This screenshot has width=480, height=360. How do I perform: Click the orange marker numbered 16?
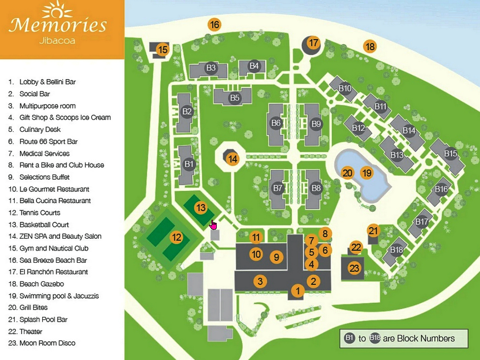(214, 24)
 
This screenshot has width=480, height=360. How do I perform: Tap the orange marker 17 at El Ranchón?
(313, 43)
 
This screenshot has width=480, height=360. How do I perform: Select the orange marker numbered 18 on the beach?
(370, 46)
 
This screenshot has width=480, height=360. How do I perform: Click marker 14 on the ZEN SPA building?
(233, 159)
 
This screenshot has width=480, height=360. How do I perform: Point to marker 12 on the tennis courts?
(176, 237)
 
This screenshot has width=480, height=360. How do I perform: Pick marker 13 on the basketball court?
(200, 208)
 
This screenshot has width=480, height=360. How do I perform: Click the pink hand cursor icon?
(213, 224)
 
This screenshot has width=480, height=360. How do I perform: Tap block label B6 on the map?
(276, 123)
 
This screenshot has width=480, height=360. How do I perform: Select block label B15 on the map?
(450, 153)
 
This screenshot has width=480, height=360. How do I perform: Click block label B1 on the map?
(189, 164)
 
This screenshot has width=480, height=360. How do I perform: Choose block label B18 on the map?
(396, 250)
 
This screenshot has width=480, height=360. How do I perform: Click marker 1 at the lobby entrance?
(298, 290)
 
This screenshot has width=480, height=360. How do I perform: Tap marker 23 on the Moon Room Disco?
(354, 268)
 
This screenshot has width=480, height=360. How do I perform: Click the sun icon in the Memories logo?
(57, 10)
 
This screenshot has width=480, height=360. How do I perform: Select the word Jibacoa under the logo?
(57, 40)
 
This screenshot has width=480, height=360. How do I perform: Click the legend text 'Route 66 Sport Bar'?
(48, 141)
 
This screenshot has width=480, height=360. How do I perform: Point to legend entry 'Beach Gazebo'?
(42, 284)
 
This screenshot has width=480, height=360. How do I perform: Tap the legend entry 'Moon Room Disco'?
(47, 343)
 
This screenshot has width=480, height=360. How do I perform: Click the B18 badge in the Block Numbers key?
(375, 338)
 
